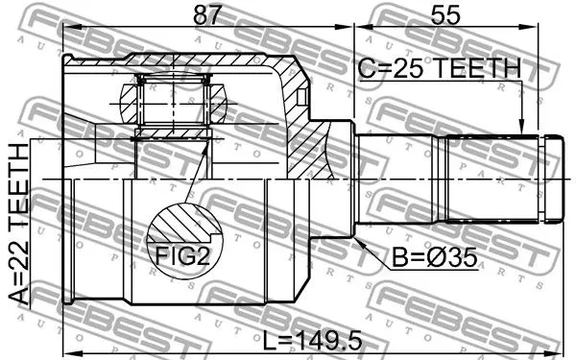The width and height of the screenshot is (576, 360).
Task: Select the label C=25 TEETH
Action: pos(439,68)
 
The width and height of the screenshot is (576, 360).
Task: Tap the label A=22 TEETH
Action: pos(17,226)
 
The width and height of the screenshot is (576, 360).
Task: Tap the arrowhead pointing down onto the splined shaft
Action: pos(521,124)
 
